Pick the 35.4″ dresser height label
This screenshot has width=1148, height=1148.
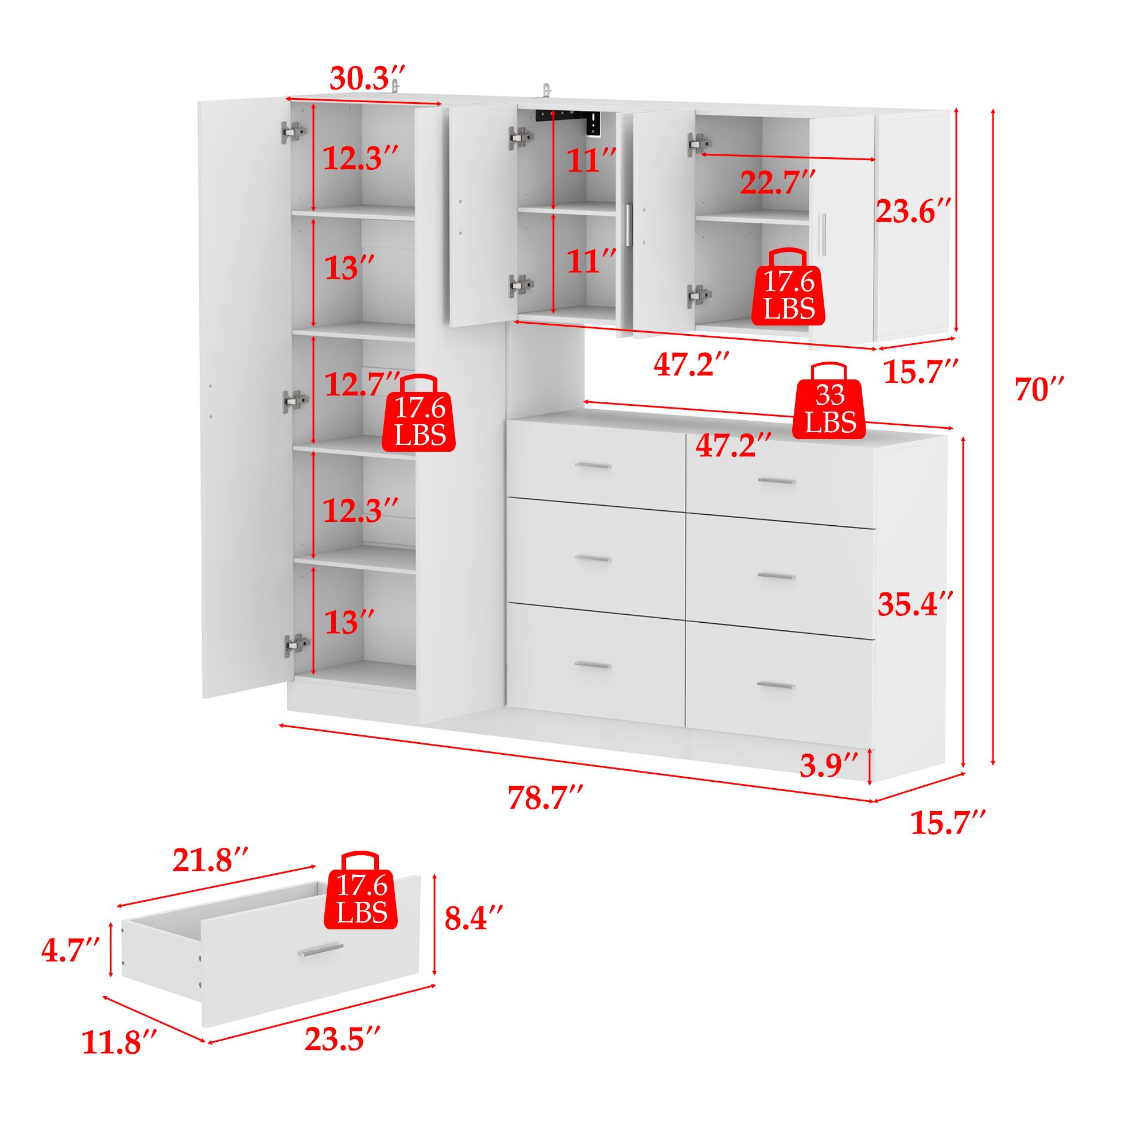click(x=916, y=604)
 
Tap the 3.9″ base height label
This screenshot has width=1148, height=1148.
click(x=828, y=765)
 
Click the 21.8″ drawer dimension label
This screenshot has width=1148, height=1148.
click(x=210, y=862)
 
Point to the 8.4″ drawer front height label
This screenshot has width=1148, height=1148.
click(x=474, y=934)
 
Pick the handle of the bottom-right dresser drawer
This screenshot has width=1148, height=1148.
click(x=775, y=685)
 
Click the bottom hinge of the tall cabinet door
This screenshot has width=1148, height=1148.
click(x=297, y=643)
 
